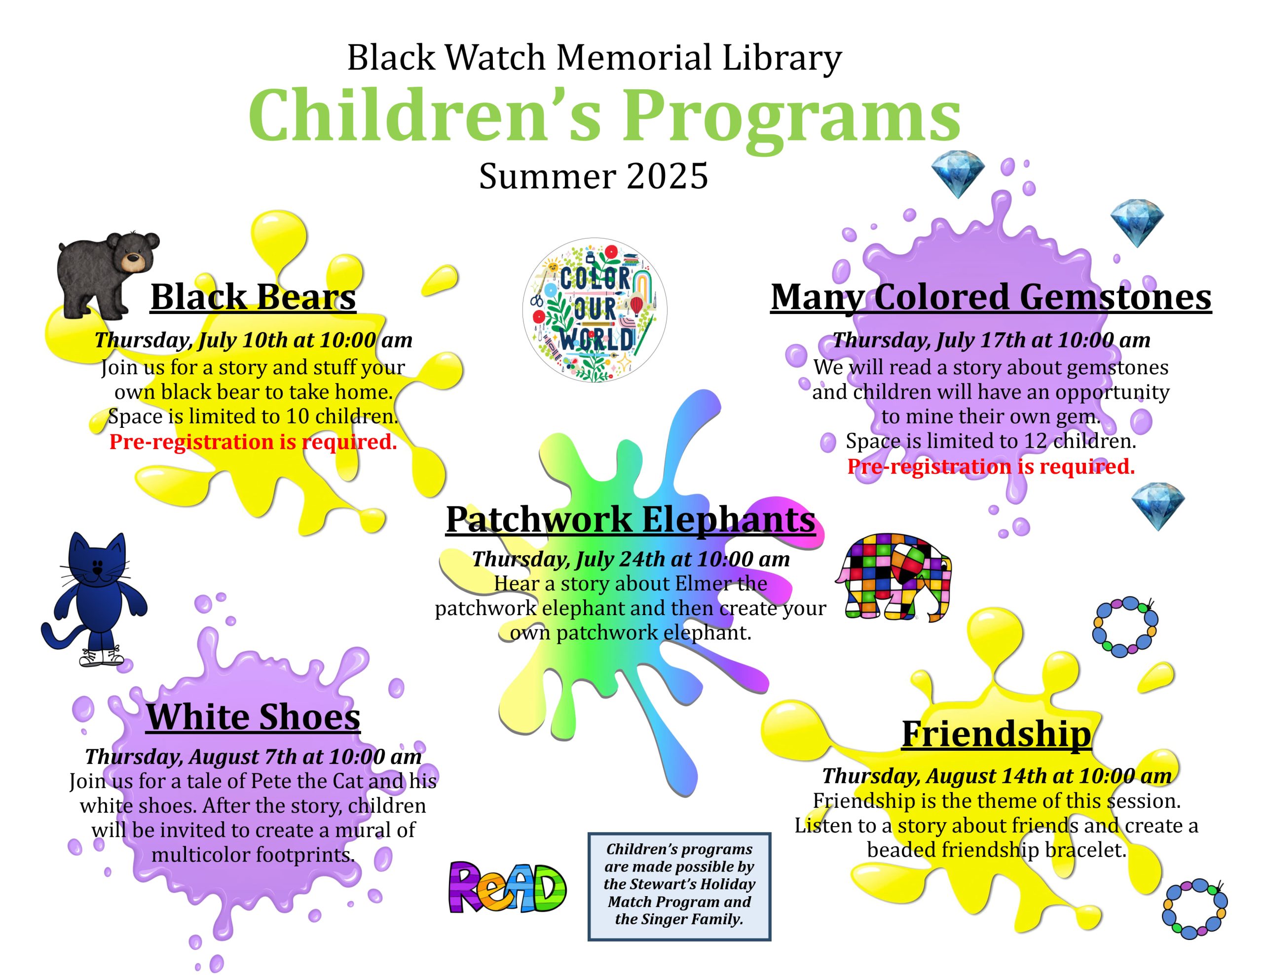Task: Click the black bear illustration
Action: pyautogui.click(x=107, y=275)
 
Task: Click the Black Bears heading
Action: pyautogui.click(x=253, y=297)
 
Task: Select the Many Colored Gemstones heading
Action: pyautogui.click(x=991, y=297)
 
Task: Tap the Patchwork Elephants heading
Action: pyautogui.click(x=631, y=519)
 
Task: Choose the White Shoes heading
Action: pyautogui.click(x=253, y=717)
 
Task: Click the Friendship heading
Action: pyautogui.click(x=997, y=734)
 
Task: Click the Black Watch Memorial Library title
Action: pyautogui.click(x=594, y=58)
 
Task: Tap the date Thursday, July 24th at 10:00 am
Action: pyautogui.click(x=631, y=559)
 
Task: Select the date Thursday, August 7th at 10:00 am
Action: pyautogui.click(x=253, y=756)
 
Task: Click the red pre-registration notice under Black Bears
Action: pyautogui.click(x=253, y=442)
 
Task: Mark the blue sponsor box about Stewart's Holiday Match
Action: pyautogui.click(x=679, y=887)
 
